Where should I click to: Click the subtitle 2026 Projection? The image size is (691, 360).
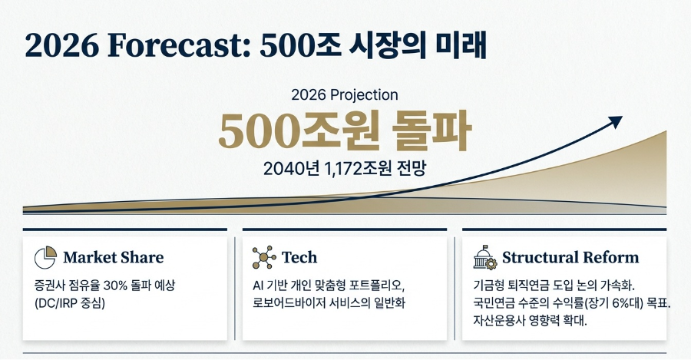point(345,95)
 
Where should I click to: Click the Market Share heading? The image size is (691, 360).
point(113,257)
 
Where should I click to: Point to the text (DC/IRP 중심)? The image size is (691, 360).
point(69,302)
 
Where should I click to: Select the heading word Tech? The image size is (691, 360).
point(299,257)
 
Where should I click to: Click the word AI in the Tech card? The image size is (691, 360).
point(259,286)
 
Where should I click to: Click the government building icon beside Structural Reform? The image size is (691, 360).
point(484,257)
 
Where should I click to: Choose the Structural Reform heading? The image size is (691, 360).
point(570,257)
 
